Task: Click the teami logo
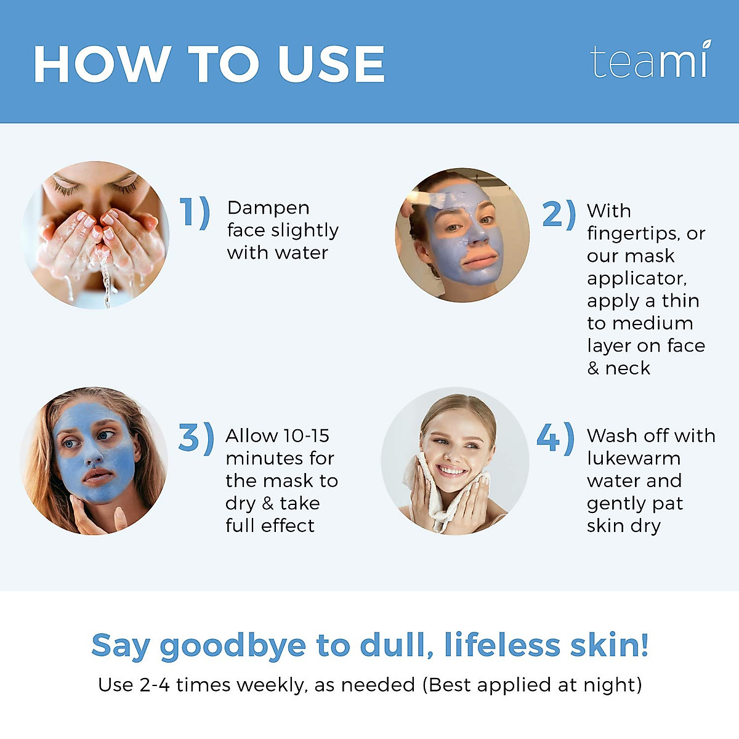650,62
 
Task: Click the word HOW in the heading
102,65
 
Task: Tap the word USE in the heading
331,65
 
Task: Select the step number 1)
195,213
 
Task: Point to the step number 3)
196,438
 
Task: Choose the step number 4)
555,438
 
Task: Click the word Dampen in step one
268,208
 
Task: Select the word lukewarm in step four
634,458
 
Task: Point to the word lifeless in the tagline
502,645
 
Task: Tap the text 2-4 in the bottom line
155,685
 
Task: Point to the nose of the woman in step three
93,456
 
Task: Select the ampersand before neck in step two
592,368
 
